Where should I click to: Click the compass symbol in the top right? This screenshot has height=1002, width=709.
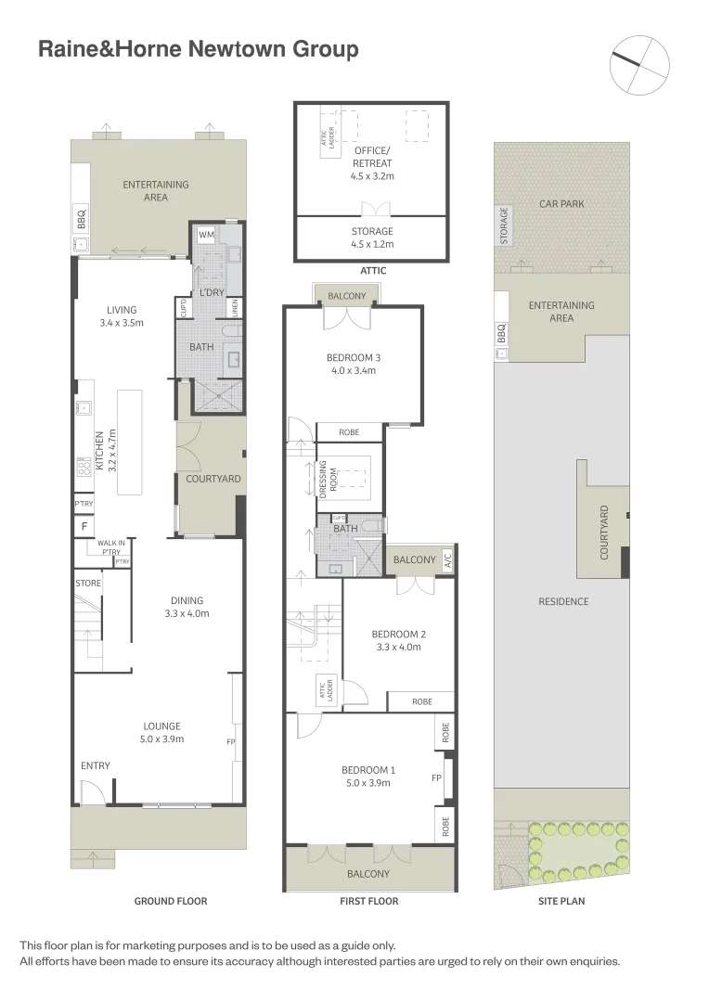tap(639, 64)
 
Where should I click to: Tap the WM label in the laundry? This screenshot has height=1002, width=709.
tap(204, 236)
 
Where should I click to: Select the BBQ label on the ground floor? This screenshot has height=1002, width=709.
tap(81, 220)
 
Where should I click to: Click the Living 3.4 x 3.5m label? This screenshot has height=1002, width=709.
tap(122, 316)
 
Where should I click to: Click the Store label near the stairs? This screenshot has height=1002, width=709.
tap(88, 583)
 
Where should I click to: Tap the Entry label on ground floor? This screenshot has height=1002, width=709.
tap(95, 765)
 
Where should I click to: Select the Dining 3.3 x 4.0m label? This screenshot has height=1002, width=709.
tap(187, 607)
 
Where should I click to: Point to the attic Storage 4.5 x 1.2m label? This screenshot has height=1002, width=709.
tap(372, 238)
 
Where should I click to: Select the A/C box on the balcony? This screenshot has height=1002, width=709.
tap(446, 559)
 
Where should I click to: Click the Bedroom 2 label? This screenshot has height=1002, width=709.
tap(398, 640)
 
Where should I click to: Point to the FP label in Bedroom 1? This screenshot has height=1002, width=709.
tap(435, 778)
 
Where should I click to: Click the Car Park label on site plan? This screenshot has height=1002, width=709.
tap(561, 203)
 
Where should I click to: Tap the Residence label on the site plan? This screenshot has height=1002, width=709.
tap(563, 601)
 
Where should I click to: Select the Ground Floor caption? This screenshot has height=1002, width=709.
tap(171, 901)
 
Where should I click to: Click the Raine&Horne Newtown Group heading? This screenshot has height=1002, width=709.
tap(198, 49)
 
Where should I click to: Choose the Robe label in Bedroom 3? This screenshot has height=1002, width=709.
tap(349, 432)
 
